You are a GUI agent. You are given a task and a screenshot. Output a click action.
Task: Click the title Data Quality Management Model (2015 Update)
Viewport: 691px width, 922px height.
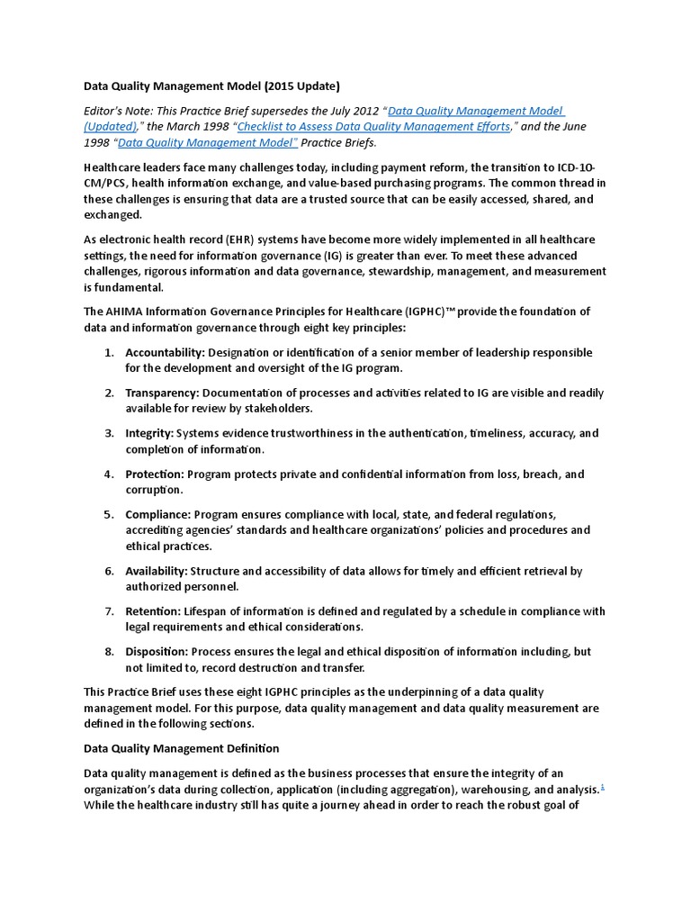coord(211,87)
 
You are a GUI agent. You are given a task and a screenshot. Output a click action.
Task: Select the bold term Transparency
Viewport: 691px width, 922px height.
coord(162,393)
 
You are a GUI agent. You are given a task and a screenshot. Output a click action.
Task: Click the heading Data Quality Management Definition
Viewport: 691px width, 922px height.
coord(181,748)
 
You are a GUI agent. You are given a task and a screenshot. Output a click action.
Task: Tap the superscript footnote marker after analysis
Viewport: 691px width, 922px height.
coord(602,786)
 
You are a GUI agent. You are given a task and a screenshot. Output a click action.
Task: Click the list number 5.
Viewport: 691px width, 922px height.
coord(108,514)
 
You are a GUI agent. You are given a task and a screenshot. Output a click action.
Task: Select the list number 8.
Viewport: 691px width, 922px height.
coord(108,652)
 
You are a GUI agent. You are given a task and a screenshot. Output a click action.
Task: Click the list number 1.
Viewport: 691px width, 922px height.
coord(108,352)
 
